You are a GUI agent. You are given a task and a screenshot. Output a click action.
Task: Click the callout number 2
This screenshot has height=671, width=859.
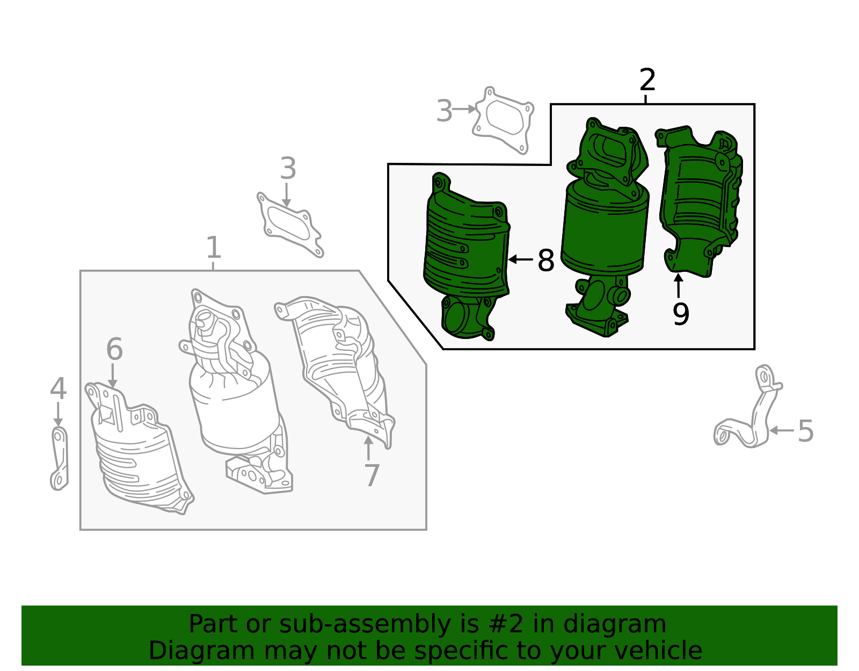[647, 81]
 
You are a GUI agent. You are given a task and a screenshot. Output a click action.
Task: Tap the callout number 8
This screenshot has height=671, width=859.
[545, 261]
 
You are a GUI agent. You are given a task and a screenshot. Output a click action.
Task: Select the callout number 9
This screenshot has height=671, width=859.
[680, 314]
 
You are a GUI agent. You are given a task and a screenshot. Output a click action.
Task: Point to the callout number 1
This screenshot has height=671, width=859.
[214, 248]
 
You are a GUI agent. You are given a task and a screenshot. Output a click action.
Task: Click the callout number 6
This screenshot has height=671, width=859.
[114, 350]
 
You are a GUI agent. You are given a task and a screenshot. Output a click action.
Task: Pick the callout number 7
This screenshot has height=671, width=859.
[372, 475]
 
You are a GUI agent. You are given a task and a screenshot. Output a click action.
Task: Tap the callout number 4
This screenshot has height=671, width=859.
[58, 389]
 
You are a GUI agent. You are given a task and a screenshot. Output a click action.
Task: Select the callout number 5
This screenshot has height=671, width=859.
[805, 431]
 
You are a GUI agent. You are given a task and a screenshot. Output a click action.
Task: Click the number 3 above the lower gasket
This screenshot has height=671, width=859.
[288, 169]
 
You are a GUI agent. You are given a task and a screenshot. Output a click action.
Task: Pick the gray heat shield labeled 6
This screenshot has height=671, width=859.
[137, 457]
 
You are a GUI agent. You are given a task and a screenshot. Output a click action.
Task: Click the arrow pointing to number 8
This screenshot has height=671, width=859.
[520, 260]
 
